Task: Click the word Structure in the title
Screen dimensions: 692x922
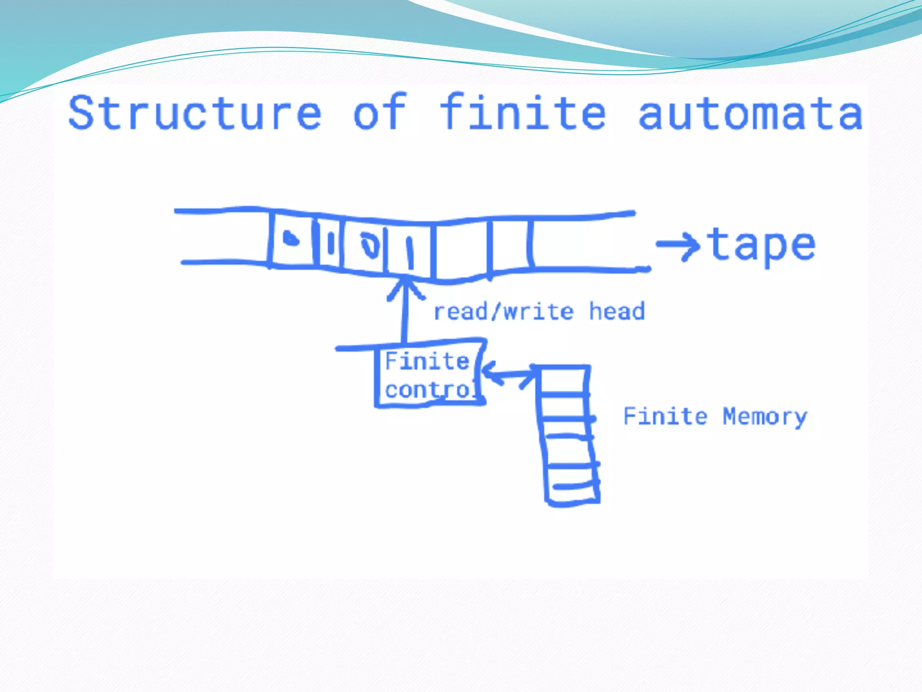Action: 194,113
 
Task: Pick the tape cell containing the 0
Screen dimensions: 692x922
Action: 365,246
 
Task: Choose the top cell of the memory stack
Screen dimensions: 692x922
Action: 563,381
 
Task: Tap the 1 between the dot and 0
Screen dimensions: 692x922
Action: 331,243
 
